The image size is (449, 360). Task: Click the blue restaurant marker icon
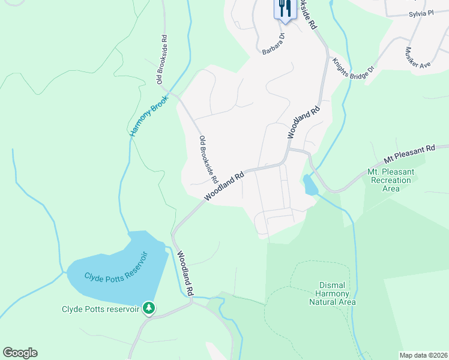[x=284, y=9]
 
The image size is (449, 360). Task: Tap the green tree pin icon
[x=149, y=308]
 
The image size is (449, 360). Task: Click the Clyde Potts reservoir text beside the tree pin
[x=100, y=310]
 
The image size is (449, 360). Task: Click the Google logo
[x=20, y=353]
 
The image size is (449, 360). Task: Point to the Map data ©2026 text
[x=423, y=355]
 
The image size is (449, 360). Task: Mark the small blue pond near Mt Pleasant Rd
[x=310, y=185]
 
